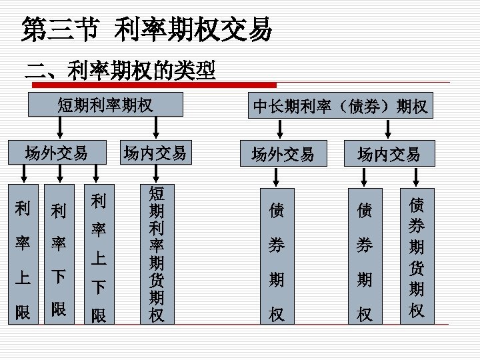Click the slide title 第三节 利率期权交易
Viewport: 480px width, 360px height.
point(147,29)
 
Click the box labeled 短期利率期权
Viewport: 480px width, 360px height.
point(105,105)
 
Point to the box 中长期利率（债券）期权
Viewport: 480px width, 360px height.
point(341,105)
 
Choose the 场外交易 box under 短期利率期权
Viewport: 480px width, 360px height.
point(56,153)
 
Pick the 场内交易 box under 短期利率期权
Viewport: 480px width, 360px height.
point(155,153)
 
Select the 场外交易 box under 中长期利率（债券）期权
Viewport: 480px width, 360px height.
point(282,155)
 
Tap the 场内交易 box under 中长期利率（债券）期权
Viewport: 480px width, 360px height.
point(389,155)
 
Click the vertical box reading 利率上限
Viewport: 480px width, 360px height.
point(23,253)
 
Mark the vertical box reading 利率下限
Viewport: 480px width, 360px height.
point(59,253)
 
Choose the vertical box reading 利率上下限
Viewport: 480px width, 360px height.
point(99,253)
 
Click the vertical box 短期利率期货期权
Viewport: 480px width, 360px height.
point(157,253)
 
